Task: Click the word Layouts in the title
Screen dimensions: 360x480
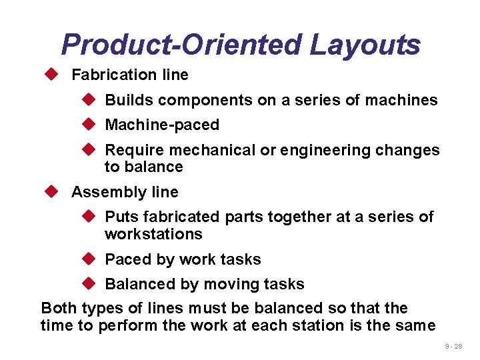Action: pos(365,45)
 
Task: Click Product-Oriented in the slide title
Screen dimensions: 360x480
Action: pos(181,45)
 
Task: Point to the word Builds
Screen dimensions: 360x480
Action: pos(127,100)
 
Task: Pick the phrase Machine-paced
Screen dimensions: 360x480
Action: pos(162,125)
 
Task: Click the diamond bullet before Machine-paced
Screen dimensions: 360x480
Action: pos(90,125)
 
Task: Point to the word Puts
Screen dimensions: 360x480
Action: pos(121,217)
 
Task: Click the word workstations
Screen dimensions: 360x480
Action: pos(153,234)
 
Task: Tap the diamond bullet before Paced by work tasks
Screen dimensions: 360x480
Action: pos(90,259)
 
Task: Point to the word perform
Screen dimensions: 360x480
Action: pos(125,325)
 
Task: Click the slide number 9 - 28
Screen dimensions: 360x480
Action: pos(453,347)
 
